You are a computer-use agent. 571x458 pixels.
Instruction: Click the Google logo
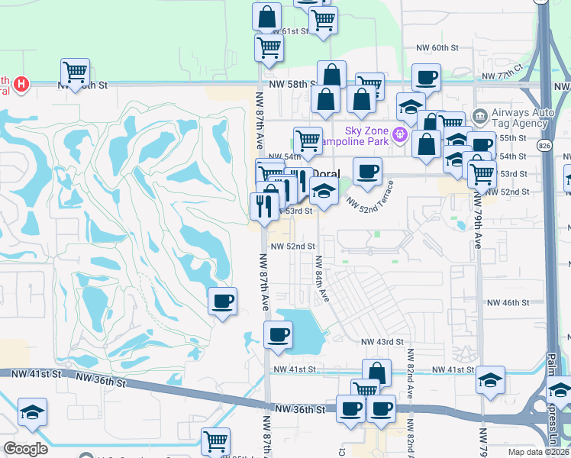click(25, 449)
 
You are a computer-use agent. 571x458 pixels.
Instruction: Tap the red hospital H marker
click(22, 82)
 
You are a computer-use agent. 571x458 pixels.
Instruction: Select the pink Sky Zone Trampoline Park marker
click(399, 136)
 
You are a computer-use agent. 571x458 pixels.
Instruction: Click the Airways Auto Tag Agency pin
click(481, 117)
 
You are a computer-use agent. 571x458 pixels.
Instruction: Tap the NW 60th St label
click(437, 47)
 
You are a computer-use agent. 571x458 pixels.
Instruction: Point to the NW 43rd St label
click(382, 341)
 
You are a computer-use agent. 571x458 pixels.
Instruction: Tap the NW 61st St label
click(292, 31)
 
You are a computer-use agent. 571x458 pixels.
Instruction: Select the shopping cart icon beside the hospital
click(75, 72)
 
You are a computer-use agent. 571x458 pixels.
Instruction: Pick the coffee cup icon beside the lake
click(278, 334)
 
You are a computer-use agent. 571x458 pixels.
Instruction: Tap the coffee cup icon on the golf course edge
click(222, 301)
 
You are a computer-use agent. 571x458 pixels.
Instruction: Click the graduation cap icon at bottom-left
click(32, 411)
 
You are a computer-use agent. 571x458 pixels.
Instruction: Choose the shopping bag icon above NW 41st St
click(376, 373)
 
